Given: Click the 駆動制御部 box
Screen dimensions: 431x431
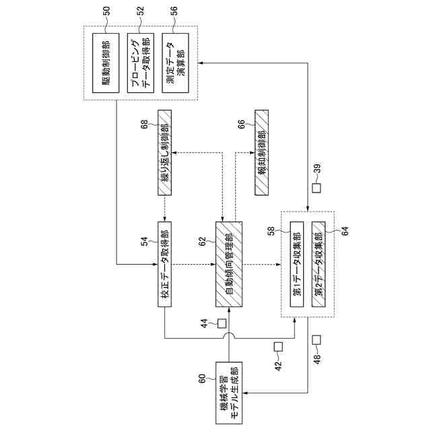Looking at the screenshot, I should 104,63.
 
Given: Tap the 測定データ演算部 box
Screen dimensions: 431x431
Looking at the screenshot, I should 173,63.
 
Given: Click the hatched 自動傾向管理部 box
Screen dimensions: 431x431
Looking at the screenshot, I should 229,264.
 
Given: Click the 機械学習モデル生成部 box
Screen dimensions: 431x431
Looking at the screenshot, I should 230,393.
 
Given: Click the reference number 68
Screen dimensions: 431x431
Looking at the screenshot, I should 143,125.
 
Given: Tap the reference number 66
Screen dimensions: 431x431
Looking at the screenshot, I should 240,125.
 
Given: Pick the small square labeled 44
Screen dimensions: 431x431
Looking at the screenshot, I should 221,323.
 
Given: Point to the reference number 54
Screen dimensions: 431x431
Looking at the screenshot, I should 143,241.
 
